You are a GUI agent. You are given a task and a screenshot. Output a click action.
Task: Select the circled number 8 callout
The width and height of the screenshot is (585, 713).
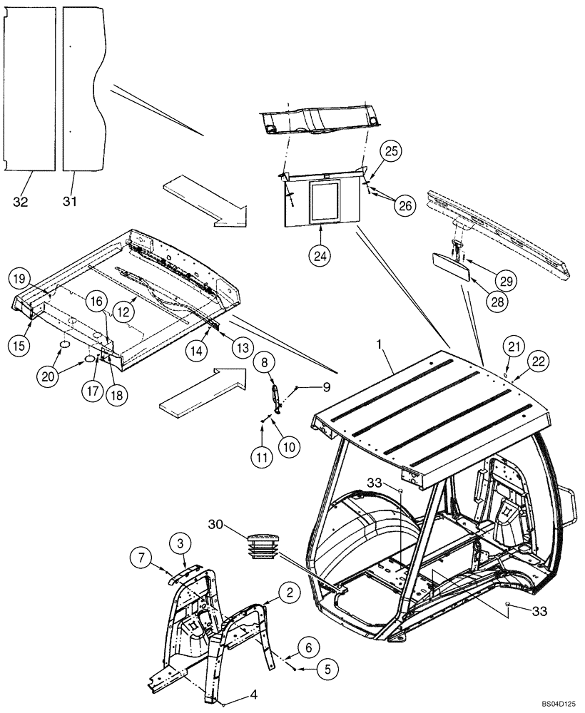click(x=264, y=363)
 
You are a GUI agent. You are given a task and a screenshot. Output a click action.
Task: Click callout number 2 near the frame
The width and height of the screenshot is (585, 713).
click(x=288, y=591)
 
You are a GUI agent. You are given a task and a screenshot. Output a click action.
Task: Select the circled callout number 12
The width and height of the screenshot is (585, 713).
click(x=126, y=312)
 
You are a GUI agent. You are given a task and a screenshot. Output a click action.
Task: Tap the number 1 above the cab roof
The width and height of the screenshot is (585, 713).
click(x=380, y=344)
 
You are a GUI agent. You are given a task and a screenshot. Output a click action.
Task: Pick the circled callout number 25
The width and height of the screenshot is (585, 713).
click(x=392, y=150)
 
